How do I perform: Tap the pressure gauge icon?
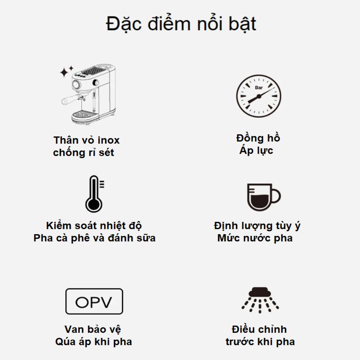click(x=258, y=96)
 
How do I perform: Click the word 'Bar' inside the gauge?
click(x=259, y=88)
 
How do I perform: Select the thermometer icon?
click(x=94, y=194)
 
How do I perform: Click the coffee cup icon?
click(x=263, y=197)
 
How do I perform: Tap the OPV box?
click(x=94, y=302)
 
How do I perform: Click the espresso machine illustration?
click(x=89, y=94)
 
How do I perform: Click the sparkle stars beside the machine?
click(x=66, y=71)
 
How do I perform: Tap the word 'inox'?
click(x=108, y=140)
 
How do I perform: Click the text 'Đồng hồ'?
click(x=258, y=138)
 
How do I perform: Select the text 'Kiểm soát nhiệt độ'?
click(x=94, y=226)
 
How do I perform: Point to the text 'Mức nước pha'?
click(x=255, y=238)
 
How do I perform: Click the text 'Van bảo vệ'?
click(x=93, y=330)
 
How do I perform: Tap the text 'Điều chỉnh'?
click(x=259, y=330)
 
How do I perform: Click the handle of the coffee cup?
click(x=276, y=196)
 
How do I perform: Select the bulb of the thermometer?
click(x=94, y=205)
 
